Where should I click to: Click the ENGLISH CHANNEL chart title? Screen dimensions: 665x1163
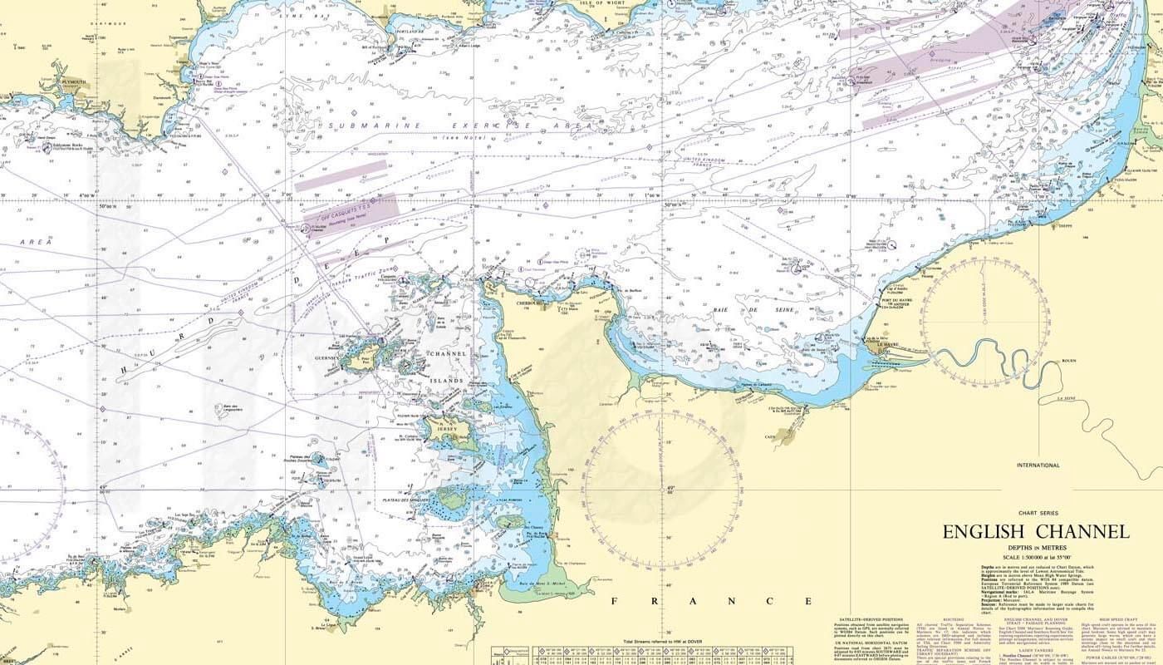(x=1035, y=532)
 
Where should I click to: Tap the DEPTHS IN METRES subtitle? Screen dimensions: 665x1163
(x=1035, y=549)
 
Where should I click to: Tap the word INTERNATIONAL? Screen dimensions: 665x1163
(x=1038, y=465)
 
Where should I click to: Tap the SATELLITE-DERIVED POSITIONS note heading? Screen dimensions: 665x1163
(x=869, y=619)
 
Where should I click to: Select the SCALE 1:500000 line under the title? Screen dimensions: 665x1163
(x=1035, y=556)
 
